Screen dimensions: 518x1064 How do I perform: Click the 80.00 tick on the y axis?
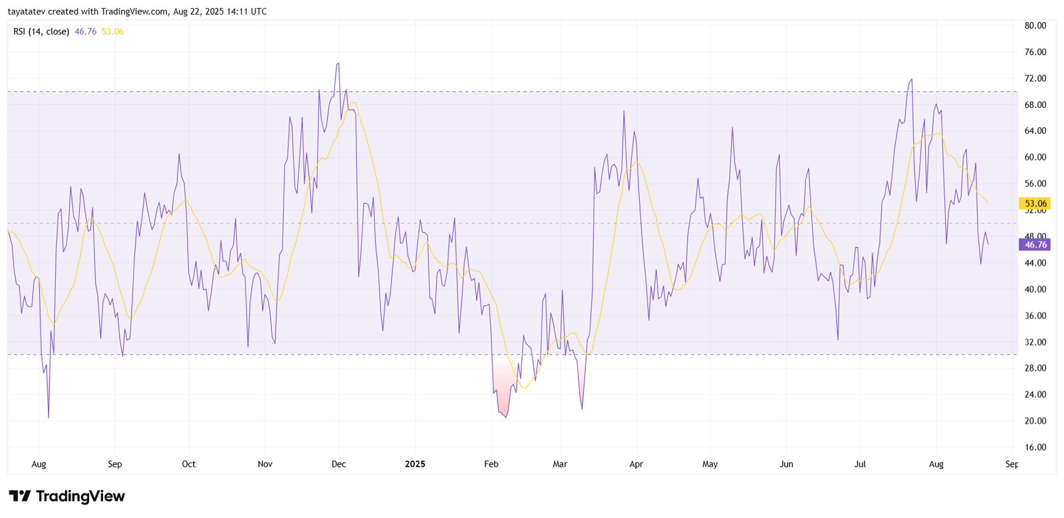coord(1035,26)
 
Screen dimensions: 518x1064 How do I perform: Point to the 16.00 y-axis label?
coord(1035,447)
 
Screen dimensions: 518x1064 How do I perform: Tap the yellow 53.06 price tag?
coord(1035,204)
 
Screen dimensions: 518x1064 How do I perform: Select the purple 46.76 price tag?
coord(1035,245)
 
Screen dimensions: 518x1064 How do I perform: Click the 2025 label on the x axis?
coord(415,464)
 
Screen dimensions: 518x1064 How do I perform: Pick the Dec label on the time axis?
coord(338,464)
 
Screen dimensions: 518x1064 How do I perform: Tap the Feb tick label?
coord(491,464)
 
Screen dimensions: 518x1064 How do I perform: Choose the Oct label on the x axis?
coord(189,464)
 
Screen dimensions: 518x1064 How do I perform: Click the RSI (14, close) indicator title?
coord(41,31)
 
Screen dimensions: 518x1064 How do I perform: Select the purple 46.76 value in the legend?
coord(86,31)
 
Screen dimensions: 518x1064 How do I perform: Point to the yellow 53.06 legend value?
coord(112,31)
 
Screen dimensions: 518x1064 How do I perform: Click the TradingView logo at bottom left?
coord(66,496)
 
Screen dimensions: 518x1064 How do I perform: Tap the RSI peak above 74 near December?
coord(338,65)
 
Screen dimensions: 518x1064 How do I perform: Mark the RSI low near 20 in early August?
coord(49,417)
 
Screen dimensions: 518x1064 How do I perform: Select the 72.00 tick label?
coord(1035,79)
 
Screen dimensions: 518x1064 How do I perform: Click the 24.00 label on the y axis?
coord(1035,395)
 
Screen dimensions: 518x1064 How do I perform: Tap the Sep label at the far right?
coord(1011,464)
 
